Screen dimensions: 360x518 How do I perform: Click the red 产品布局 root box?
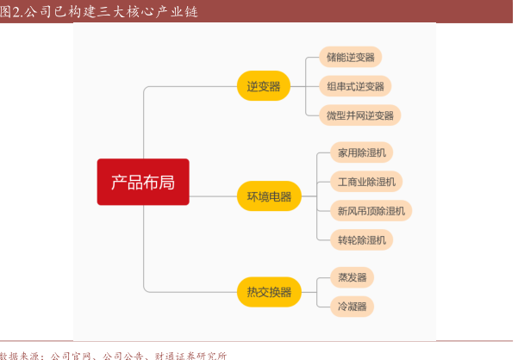click(x=142, y=182)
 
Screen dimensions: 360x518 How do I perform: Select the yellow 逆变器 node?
click(x=264, y=86)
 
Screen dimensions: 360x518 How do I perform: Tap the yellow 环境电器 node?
click(x=269, y=196)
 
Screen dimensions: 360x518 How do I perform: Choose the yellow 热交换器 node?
click(x=269, y=292)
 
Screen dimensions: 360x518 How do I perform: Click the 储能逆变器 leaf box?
click(x=350, y=58)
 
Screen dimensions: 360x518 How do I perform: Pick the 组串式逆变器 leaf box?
click(x=355, y=86)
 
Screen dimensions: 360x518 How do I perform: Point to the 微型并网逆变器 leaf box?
click(x=359, y=115)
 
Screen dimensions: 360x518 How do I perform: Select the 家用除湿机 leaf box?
click(x=361, y=153)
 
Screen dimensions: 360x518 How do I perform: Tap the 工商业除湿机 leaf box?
click(x=366, y=182)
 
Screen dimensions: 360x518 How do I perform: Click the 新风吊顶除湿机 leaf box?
click(x=371, y=210)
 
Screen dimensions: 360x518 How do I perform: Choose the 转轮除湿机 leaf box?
click(x=361, y=239)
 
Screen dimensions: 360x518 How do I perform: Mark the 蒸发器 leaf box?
click(x=352, y=277)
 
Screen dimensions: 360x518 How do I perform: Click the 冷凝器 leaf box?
click(x=352, y=305)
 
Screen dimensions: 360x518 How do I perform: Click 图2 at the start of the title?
click(x=11, y=10)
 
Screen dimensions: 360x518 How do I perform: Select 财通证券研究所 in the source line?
click(x=190, y=354)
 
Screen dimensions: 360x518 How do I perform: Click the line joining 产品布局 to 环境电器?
click(x=212, y=196)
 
